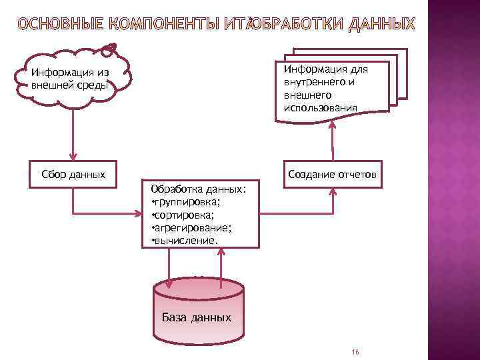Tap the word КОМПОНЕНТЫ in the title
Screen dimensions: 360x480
(x=159, y=25)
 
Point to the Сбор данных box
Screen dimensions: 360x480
(x=73, y=175)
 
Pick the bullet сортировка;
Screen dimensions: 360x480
(x=186, y=215)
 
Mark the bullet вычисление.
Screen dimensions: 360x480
(x=187, y=240)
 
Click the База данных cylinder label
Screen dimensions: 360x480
(x=197, y=317)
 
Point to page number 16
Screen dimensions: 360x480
(x=355, y=352)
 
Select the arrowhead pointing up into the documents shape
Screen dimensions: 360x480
(x=331, y=127)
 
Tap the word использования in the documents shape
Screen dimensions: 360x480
(x=321, y=107)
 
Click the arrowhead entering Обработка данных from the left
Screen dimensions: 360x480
(x=138, y=215)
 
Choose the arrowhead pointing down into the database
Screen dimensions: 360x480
(x=169, y=285)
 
